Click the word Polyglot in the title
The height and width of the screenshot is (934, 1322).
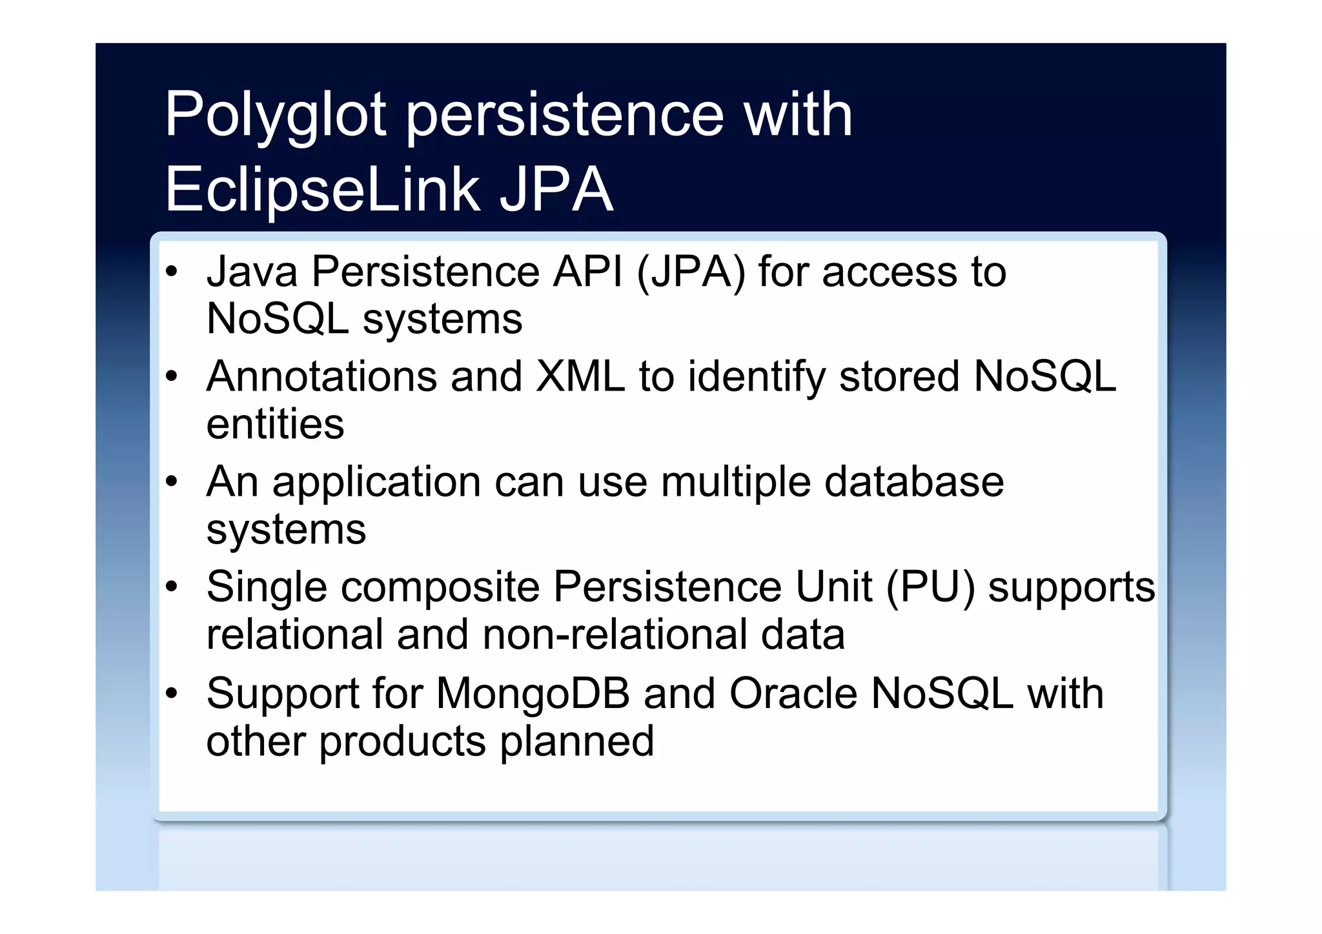275,116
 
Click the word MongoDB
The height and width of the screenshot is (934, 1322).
533,694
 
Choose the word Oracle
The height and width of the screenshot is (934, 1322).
793,694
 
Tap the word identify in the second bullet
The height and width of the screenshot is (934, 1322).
756,378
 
